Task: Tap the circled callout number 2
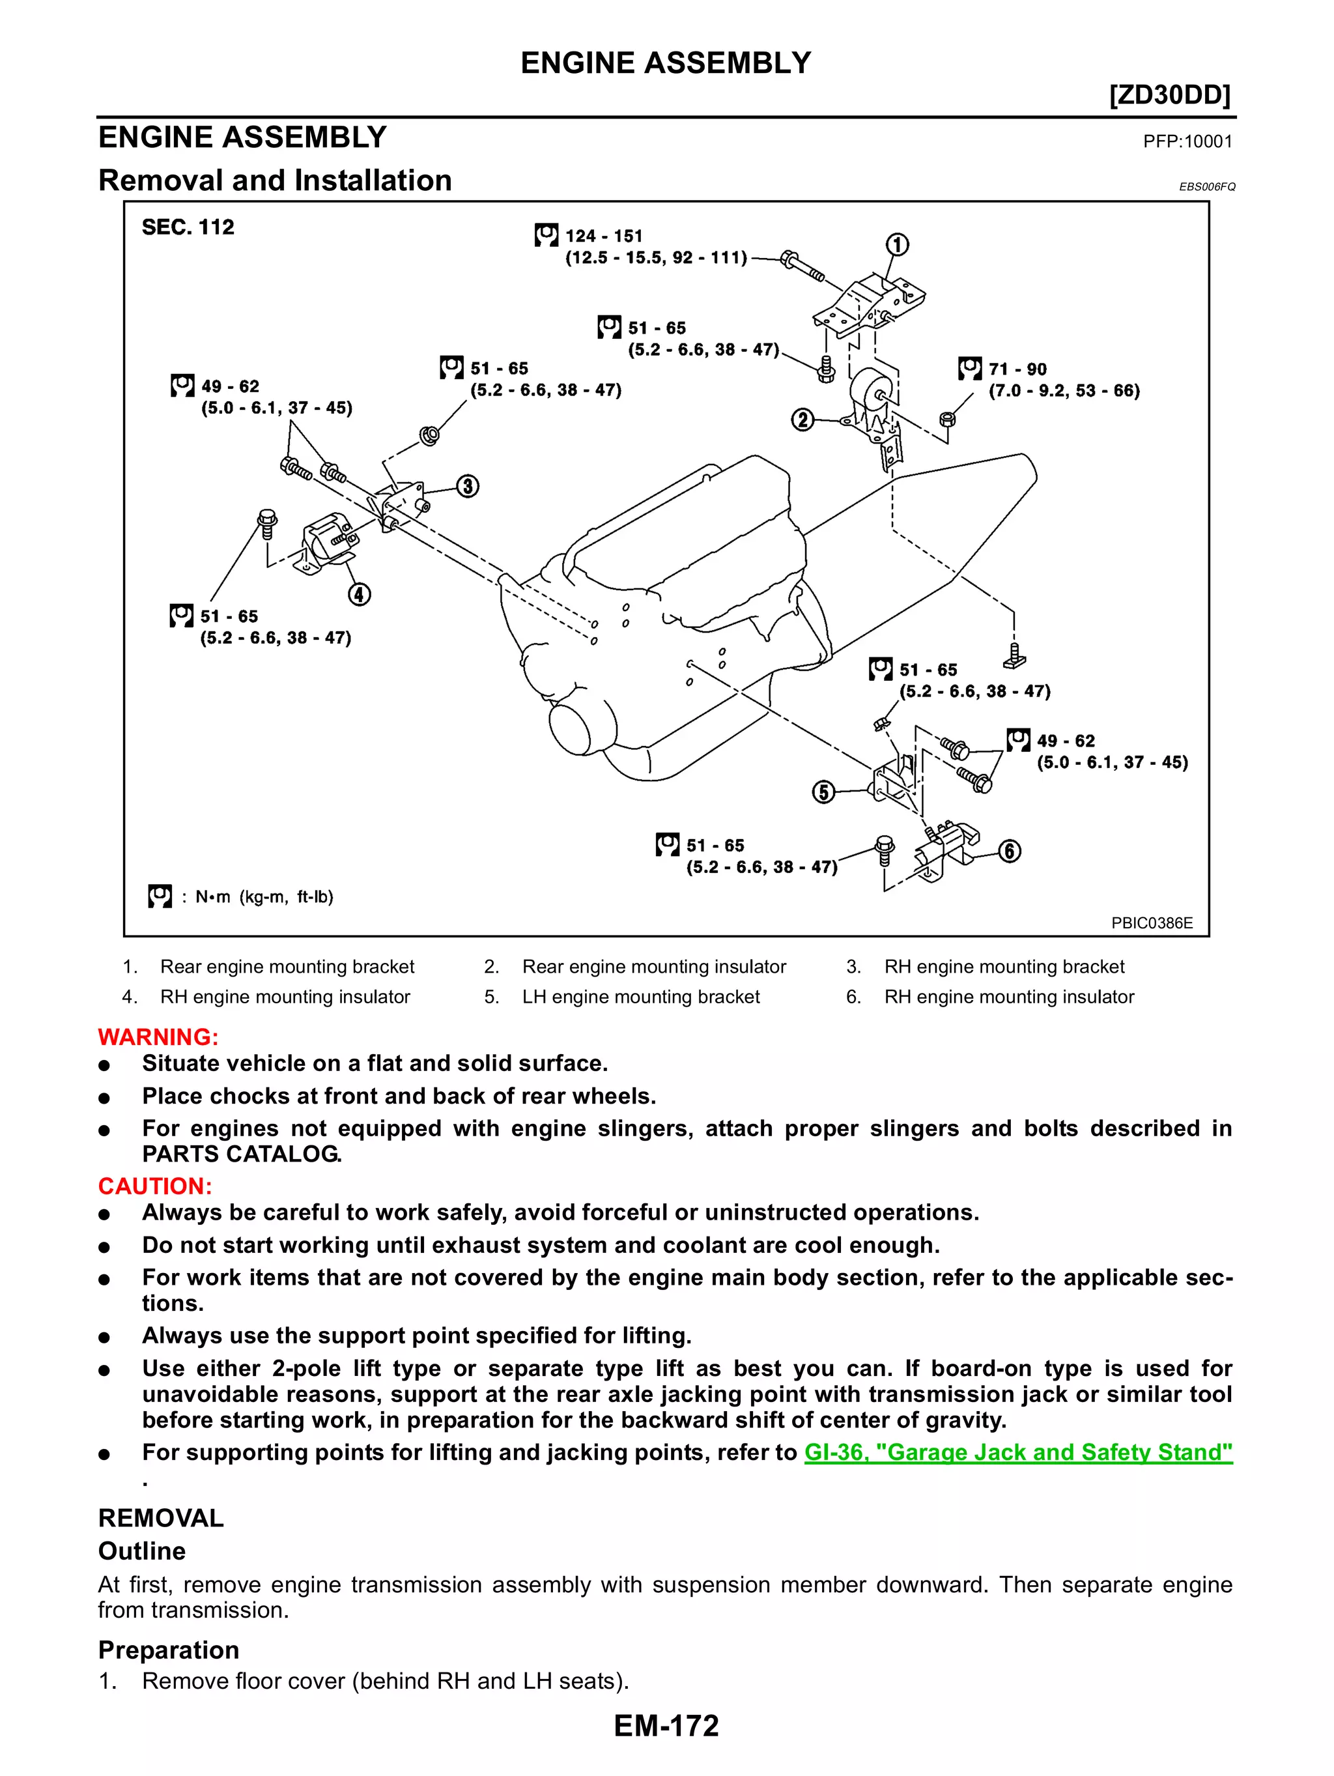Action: (802, 420)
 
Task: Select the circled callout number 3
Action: (468, 487)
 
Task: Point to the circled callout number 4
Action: (359, 595)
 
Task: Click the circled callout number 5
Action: (823, 792)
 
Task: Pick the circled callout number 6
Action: (1010, 851)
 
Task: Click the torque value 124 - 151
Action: (604, 236)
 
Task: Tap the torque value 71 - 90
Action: (1017, 369)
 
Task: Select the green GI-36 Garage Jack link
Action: (1017, 1452)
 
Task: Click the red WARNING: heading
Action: (158, 1037)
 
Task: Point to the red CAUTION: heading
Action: (155, 1186)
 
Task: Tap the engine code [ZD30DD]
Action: (1169, 96)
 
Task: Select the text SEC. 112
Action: (188, 227)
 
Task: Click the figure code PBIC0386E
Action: (1151, 923)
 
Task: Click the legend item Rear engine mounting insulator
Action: (653, 967)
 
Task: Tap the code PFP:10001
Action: (1187, 142)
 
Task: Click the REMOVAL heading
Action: (160, 1518)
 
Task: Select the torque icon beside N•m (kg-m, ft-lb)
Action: (160, 896)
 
